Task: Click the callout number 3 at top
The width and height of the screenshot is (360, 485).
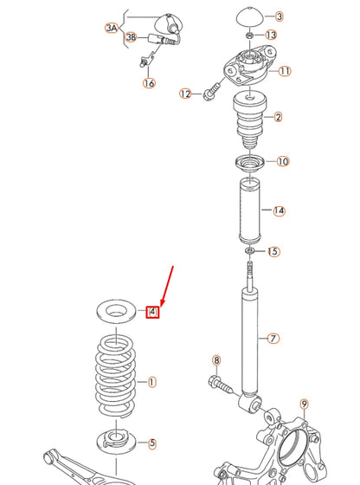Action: point(280,16)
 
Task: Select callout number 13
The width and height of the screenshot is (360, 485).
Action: point(271,36)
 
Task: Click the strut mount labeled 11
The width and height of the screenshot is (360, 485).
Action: point(248,69)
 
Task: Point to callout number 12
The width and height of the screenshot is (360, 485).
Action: point(185,94)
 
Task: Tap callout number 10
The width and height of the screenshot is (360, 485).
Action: point(283,161)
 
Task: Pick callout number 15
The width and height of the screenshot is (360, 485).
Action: point(273,252)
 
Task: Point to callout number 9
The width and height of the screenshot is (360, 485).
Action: point(304,404)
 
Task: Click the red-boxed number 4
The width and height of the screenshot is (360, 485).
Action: point(152,312)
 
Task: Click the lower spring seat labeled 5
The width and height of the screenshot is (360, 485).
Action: point(114,440)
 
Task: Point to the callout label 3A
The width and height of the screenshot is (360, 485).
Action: point(112,29)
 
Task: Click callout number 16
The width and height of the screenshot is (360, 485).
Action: point(150,83)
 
